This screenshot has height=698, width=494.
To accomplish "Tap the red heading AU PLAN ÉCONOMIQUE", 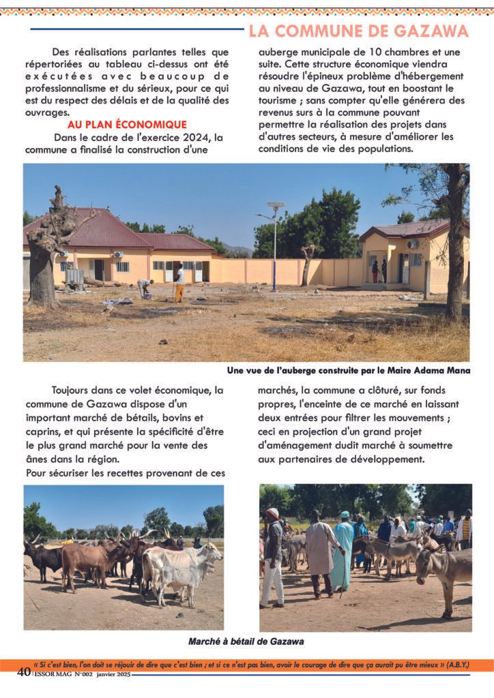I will tap(127, 125).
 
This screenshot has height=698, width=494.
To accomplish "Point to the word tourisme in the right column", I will tap(281, 100).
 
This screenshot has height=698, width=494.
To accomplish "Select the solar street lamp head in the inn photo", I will tap(275, 204).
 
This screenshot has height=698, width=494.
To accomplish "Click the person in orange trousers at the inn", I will tap(179, 284).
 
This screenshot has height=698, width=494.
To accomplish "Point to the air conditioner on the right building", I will tap(413, 244).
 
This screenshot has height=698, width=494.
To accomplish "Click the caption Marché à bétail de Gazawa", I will tap(246, 641).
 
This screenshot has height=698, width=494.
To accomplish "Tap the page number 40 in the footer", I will tap(24, 672).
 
